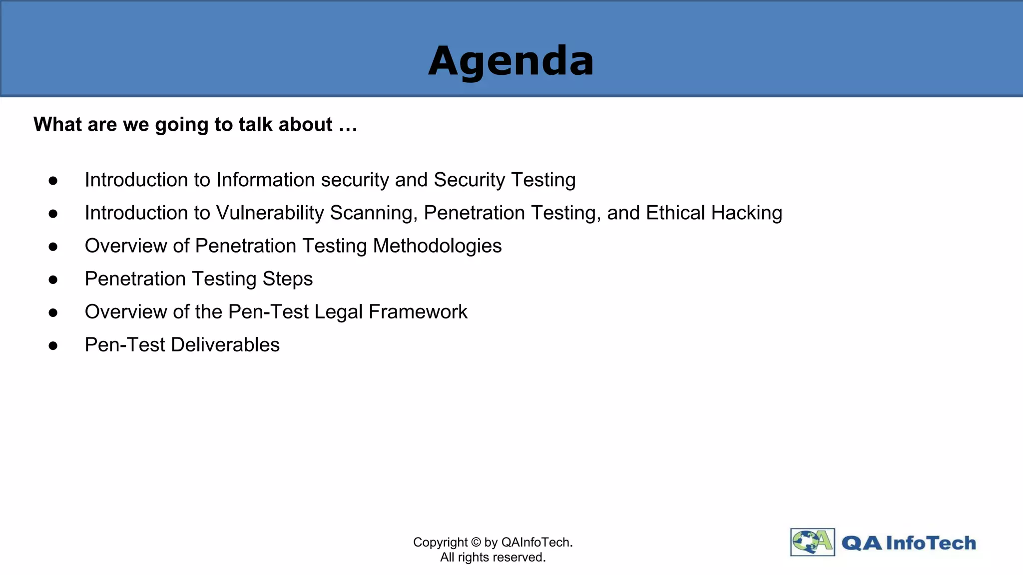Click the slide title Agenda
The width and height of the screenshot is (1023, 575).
[x=511, y=61]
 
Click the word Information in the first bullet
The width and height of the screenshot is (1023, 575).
[x=265, y=180]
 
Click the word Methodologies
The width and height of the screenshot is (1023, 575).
[x=437, y=246]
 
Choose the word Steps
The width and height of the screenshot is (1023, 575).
[x=287, y=279]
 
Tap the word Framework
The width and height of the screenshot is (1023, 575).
[x=418, y=312]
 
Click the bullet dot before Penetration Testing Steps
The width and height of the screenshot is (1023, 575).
[x=53, y=280]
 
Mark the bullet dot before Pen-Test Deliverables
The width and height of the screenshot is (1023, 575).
[x=53, y=346]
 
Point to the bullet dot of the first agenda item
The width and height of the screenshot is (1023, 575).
[x=53, y=181]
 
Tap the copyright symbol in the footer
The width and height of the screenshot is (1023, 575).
[x=476, y=543]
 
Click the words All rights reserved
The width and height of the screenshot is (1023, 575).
[x=493, y=558]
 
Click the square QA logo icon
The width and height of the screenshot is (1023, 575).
[x=812, y=542]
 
